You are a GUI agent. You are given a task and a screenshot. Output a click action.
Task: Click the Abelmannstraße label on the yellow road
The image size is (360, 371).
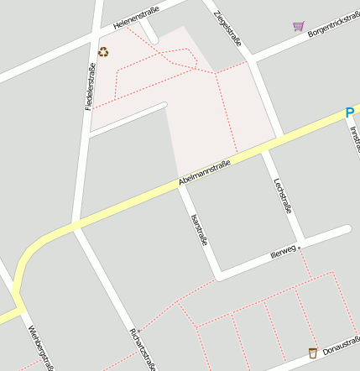(x=205, y=174)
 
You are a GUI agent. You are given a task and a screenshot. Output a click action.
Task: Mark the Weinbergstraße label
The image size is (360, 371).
(x=40, y=347)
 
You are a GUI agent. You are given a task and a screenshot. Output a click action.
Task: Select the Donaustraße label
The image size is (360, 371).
(x=340, y=344)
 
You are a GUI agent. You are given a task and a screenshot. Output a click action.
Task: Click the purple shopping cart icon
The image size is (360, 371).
(x=298, y=26)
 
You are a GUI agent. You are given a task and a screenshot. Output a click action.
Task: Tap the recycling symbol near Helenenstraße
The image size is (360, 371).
(x=103, y=52)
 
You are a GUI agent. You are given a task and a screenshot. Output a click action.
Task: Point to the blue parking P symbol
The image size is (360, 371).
(x=350, y=112)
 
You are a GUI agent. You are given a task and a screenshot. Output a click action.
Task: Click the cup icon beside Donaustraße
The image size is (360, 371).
(x=313, y=353)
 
